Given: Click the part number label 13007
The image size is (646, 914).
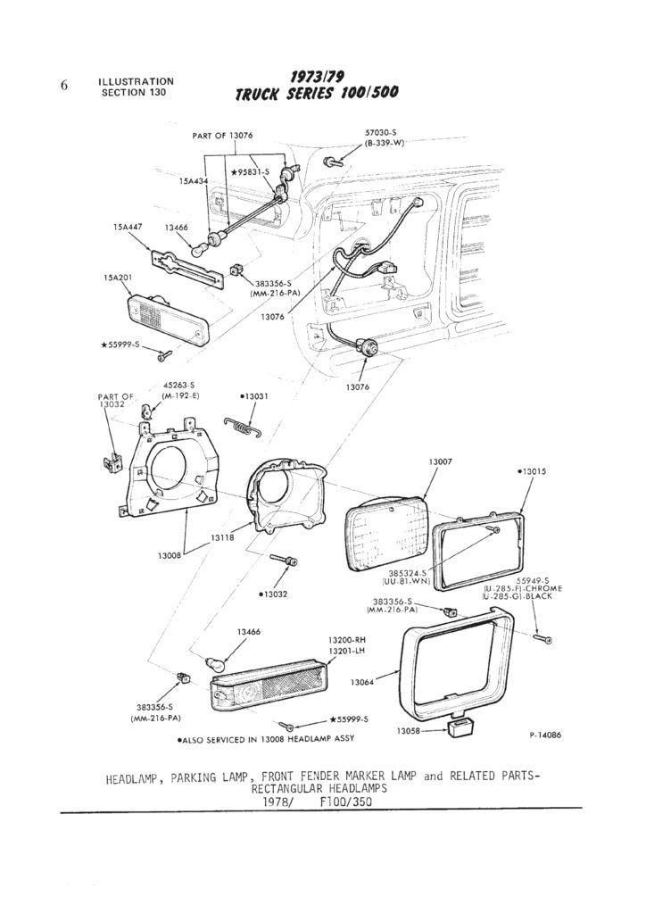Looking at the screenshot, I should (440, 461).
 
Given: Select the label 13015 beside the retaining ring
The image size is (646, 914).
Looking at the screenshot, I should (532, 470).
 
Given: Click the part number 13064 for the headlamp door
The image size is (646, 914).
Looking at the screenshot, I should (361, 682).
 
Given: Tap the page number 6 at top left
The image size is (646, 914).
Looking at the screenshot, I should (64, 86).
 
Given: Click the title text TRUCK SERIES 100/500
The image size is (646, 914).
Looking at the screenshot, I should (317, 94).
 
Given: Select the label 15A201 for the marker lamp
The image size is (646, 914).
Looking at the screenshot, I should (117, 278).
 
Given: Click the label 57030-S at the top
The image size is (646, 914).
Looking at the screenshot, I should (381, 131).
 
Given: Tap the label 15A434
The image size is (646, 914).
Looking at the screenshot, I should (193, 180).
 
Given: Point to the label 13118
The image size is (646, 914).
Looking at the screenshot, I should (222, 538).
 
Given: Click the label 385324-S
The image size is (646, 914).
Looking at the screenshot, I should (409, 572).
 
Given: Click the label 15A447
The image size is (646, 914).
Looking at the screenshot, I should (128, 228).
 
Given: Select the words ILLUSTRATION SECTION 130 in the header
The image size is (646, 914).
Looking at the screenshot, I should (136, 87).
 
